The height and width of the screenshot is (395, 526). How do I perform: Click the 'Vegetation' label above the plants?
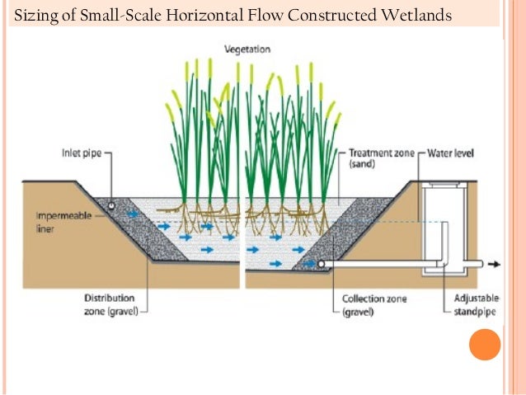coord(247,49)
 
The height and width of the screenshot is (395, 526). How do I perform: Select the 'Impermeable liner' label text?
coord(58,222)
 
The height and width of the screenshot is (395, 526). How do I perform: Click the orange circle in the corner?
coord(485,344)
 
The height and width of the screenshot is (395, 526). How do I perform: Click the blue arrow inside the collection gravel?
coord(310,264)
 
